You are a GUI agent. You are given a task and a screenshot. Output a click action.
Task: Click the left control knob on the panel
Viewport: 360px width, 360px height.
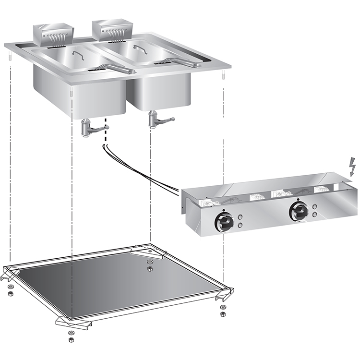[224, 221]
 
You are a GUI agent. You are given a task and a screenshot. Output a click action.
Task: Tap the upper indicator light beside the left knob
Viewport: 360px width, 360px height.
[240, 216]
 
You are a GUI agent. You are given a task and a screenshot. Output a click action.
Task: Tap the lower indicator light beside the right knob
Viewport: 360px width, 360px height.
[314, 216]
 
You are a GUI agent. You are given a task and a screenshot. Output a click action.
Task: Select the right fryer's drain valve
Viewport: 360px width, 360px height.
[156, 119]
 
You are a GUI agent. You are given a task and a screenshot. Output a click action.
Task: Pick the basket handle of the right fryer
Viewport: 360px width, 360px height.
[182, 61]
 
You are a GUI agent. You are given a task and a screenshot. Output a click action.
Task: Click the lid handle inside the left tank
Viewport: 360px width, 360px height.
[77, 55]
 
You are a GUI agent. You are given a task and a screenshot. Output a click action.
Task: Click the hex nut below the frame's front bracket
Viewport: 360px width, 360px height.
[71, 338]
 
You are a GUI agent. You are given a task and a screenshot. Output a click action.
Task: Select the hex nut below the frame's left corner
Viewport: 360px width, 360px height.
[10, 293]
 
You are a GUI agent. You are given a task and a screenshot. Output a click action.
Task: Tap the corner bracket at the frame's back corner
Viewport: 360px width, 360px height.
[144, 251]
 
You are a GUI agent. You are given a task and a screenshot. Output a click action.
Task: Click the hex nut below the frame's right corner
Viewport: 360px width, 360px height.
[222, 313]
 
